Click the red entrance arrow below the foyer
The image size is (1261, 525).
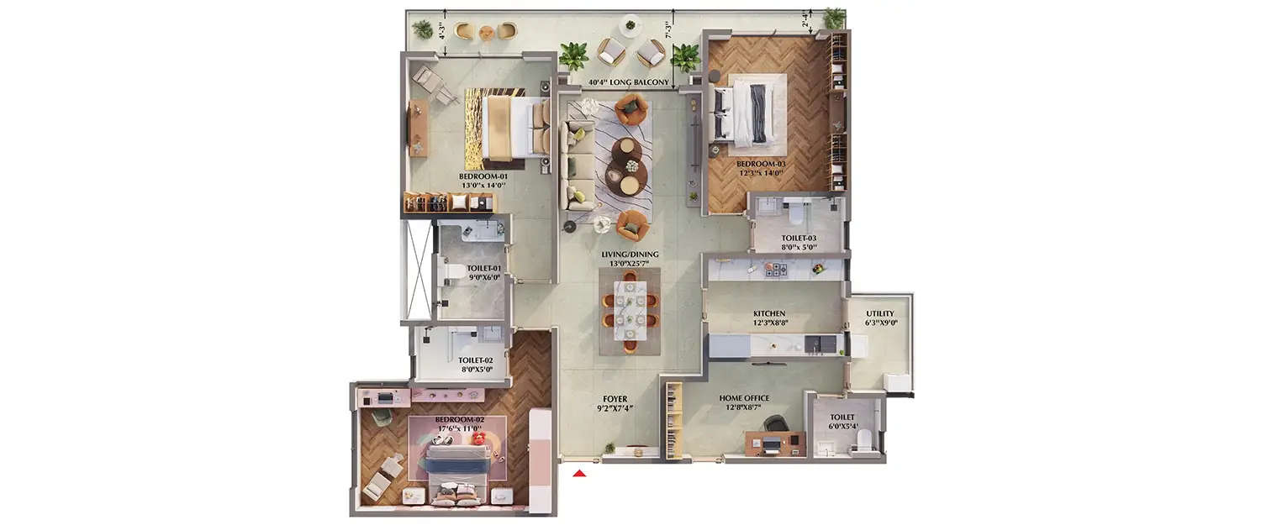[578, 474]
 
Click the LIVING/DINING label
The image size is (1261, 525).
[630, 254]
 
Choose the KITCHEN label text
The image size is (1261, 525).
[769, 313]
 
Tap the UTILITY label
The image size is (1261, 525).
[880, 313]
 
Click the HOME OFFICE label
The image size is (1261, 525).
[744, 398]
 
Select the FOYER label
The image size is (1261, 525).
[615, 399]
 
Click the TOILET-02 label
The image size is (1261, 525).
[475, 360]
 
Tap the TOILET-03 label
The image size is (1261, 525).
[799, 238]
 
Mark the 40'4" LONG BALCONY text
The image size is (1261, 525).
[628, 82]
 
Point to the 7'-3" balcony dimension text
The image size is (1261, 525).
[668, 30]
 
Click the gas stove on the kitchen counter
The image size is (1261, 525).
[773, 270]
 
